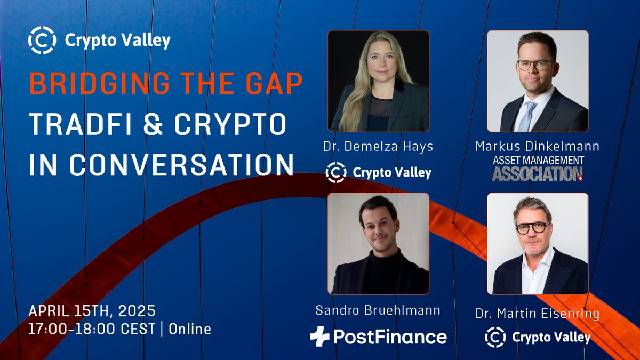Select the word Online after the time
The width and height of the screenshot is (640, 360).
point(190,329)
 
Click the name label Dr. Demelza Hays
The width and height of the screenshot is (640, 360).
point(378,146)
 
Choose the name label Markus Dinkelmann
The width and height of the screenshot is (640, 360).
point(538,146)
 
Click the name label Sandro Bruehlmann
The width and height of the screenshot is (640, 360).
point(378,310)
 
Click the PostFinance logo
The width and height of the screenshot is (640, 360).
point(378,337)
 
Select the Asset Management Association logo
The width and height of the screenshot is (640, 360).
point(537,168)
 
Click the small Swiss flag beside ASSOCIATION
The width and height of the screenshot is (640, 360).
point(580,177)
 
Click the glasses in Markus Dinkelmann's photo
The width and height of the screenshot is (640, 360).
point(535,65)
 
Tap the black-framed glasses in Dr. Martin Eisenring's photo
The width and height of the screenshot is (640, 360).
point(532,227)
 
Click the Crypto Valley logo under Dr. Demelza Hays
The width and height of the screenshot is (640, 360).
point(378,172)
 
